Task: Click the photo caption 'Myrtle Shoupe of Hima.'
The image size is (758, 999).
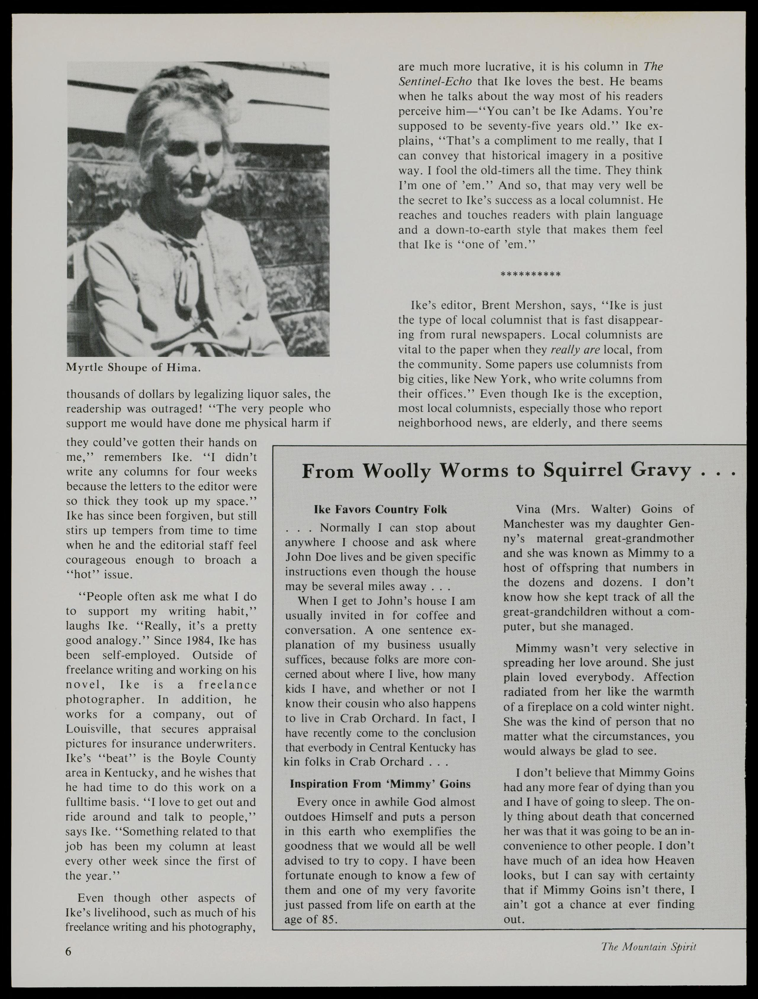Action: pos(133,367)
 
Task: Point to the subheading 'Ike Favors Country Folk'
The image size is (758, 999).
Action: pos(380,510)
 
